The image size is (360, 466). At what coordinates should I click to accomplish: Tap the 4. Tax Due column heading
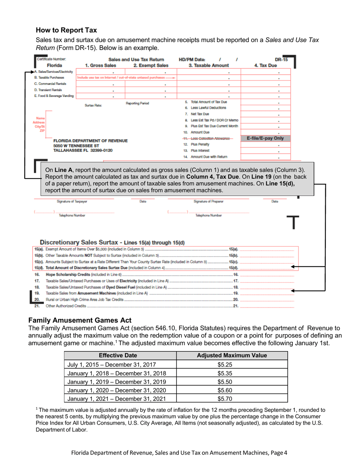coord(268,65)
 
